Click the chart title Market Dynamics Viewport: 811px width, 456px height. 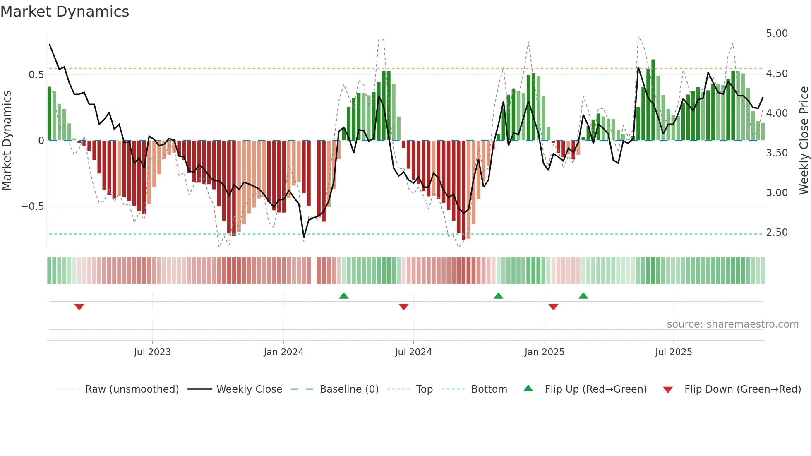pos(65,12)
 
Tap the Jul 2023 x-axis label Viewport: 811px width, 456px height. pos(152,352)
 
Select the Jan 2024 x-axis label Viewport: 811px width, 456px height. pos(283,352)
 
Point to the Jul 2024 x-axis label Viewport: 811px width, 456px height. pos(413,352)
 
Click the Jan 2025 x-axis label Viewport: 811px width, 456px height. pos(544,352)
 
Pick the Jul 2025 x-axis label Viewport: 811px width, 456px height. pos(673,352)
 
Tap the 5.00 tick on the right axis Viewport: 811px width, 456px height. pos(777,34)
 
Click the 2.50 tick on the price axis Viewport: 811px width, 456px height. pos(777,233)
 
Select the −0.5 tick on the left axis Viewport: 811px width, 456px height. pos(32,206)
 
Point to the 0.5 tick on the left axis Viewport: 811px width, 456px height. pos(36,75)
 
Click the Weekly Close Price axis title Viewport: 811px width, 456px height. pos(804,141)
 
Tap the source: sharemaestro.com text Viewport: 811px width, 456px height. pos(732,324)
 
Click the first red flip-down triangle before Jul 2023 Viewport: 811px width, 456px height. pos(79,307)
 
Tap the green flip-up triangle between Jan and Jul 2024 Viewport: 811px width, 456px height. pos(343,296)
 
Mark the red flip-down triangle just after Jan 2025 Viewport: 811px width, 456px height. pos(553,307)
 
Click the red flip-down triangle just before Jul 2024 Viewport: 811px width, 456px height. pos(403,307)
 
